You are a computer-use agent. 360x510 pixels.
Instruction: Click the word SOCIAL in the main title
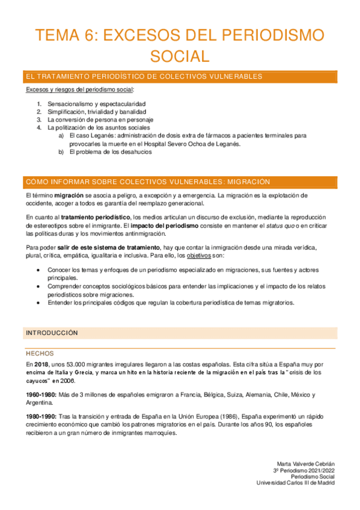click(180, 56)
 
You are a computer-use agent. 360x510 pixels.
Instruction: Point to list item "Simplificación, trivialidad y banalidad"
click(96, 111)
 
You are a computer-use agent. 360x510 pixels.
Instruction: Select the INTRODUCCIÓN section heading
click(52, 332)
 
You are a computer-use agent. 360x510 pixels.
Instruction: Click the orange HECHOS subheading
click(40, 353)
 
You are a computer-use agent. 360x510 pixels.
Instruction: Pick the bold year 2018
click(41, 364)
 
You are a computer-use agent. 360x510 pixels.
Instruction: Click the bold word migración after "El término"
click(66, 195)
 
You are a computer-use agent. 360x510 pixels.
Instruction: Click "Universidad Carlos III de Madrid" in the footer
click(295, 482)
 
